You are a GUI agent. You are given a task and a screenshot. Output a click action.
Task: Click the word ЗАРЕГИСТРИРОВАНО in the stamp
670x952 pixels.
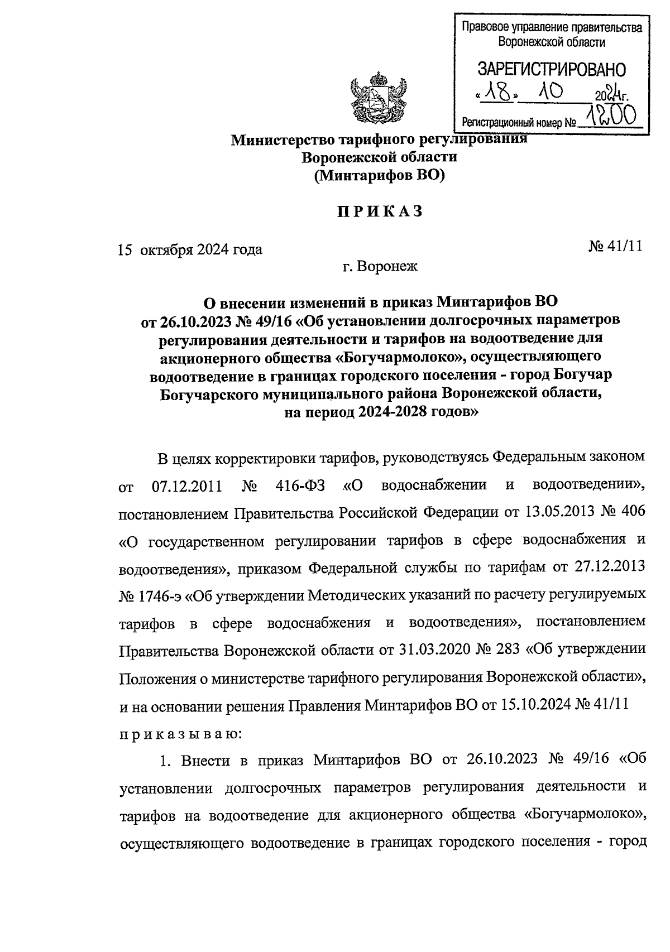[x=551, y=69]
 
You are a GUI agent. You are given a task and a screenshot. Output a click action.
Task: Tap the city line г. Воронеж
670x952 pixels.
[x=380, y=267]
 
